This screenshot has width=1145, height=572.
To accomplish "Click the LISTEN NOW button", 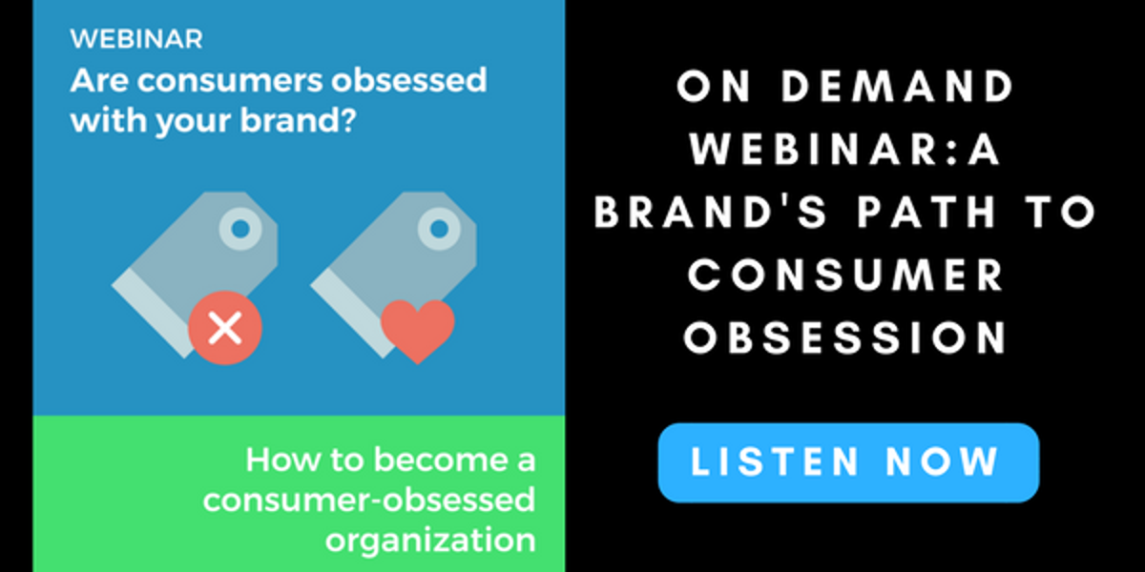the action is point(848,462).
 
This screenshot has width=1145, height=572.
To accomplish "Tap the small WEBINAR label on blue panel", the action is point(136,39).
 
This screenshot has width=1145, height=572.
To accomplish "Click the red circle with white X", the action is point(225,328).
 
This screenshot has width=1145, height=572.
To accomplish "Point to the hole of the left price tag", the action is point(240,229).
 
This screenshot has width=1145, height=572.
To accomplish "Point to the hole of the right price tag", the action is point(439,229).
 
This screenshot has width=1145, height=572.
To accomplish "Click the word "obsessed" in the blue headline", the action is point(409,80).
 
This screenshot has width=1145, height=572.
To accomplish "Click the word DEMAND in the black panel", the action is point(897,87).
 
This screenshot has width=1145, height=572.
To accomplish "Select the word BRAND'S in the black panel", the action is point(711,212).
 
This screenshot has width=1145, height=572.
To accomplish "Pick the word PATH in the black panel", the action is point(926,212).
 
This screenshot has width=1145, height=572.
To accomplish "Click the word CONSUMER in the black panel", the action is point(846,276).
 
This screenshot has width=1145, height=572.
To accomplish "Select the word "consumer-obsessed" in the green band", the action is point(369,500).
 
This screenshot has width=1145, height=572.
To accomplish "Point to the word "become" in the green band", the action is point(438,460).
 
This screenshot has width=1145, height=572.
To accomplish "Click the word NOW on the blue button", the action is point(942,461).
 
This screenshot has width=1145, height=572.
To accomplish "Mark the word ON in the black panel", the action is point(714,87).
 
